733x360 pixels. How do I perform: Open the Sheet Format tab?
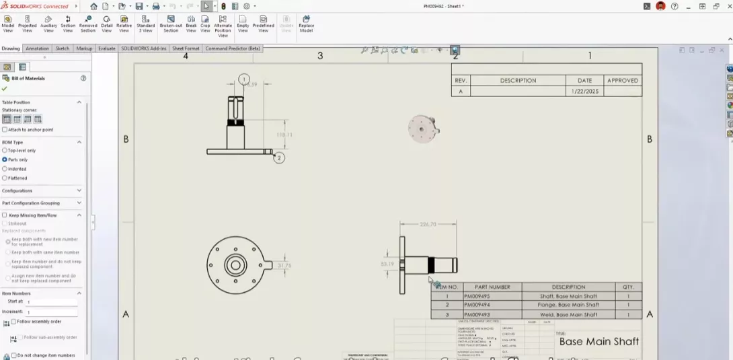pos(186,48)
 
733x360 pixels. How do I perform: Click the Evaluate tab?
pos(106,48)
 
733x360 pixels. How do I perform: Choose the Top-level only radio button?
pos(5,151)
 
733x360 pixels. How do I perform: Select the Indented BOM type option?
pos(5,169)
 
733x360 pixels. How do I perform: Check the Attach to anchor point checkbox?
pos(5,130)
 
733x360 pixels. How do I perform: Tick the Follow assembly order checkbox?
pos(14,322)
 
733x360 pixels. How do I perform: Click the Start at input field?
pos(51,302)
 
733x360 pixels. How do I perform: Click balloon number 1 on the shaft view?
pos(243,79)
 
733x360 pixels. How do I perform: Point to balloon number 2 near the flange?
pos(279,157)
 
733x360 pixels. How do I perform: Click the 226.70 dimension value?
pos(428,225)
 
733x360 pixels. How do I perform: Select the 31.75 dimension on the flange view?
pos(284,265)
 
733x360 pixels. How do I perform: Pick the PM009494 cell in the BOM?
pos(477,305)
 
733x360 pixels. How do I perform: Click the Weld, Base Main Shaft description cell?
pos(568,314)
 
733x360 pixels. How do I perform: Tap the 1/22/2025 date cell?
pos(584,91)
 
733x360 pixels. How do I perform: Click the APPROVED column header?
pos(622,80)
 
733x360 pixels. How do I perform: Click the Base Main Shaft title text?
pos(599,341)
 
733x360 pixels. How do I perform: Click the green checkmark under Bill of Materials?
pos(5,89)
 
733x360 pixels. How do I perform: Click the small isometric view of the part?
pos(423,128)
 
